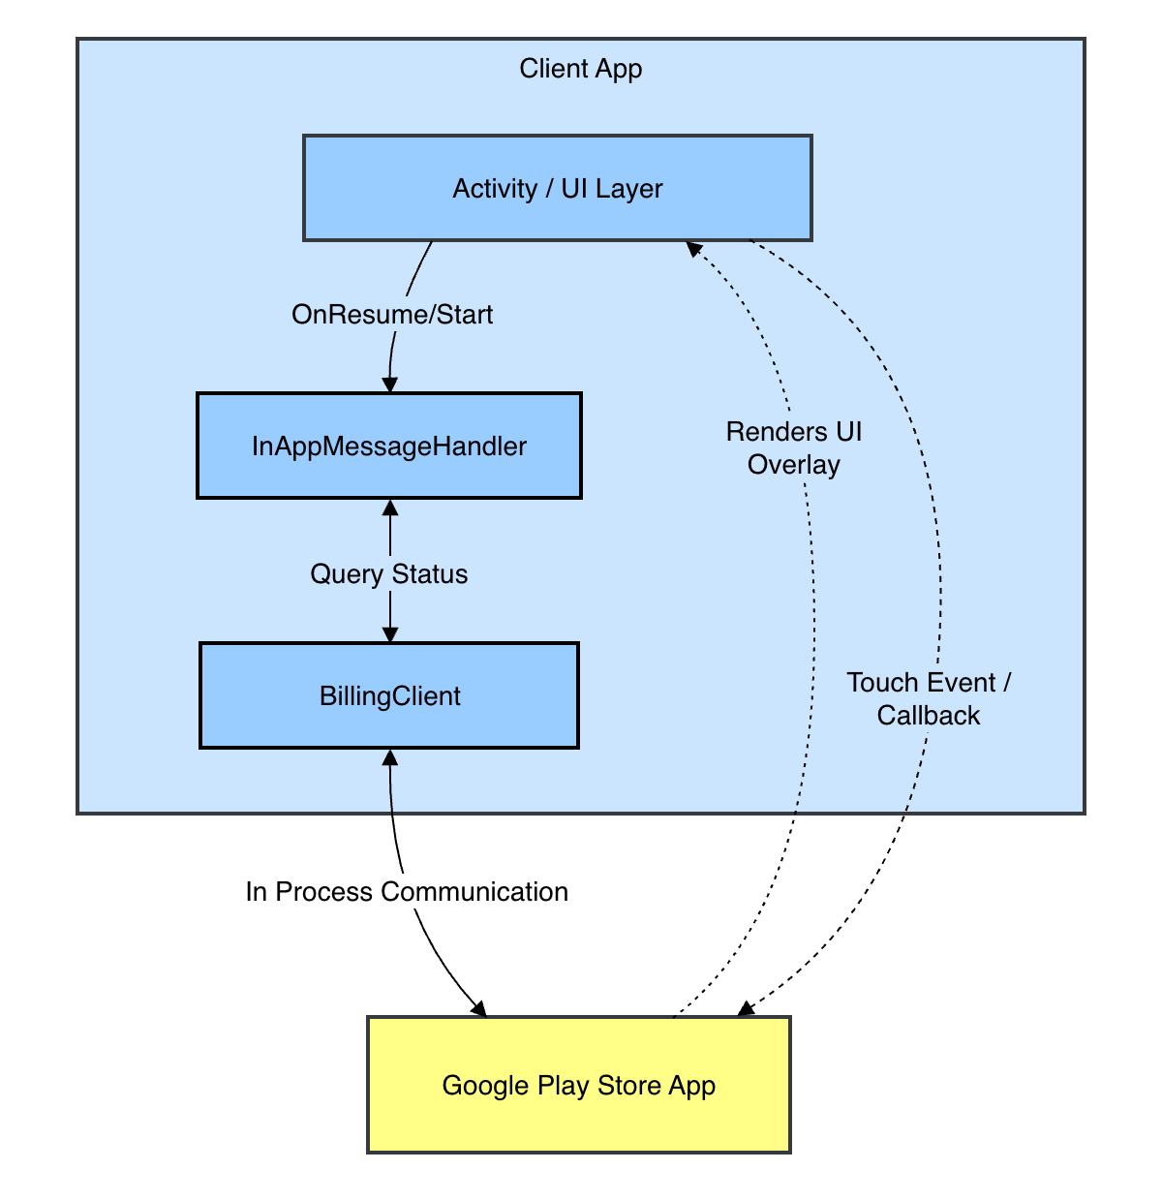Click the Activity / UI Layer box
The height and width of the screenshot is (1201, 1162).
pyautogui.click(x=557, y=188)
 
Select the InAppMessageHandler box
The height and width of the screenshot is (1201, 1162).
pyautogui.click(x=388, y=446)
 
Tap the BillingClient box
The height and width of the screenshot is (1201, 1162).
pyautogui.click(x=389, y=695)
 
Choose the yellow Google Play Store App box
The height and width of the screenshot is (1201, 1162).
pyautogui.click(x=578, y=1085)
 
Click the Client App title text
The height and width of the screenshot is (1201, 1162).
pyautogui.click(x=580, y=69)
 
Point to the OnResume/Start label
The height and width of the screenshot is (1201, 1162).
pyautogui.click(x=392, y=315)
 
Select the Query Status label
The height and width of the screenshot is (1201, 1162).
pyautogui.click(x=388, y=574)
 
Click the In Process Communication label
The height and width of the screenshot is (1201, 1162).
pyautogui.click(x=407, y=892)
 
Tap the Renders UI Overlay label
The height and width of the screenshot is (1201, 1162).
pyautogui.click(x=793, y=447)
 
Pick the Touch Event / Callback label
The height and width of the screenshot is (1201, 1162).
pyautogui.click(x=929, y=698)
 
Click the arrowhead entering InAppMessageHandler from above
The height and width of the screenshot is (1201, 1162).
pyautogui.click(x=389, y=385)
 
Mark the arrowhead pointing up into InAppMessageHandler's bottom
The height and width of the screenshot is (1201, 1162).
pyautogui.click(x=390, y=507)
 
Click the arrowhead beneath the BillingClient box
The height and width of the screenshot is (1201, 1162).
pyautogui.click(x=390, y=756)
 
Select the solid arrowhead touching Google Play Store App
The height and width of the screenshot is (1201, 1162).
pyautogui.click(x=478, y=1008)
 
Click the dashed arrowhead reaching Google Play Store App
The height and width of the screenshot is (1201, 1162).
pyautogui.click(x=745, y=1009)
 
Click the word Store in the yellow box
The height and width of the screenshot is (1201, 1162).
pyautogui.click(x=628, y=1085)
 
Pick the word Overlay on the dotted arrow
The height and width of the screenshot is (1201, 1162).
pyautogui.click(x=793, y=465)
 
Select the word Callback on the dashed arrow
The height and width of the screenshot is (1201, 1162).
pyautogui.click(x=929, y=716)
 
